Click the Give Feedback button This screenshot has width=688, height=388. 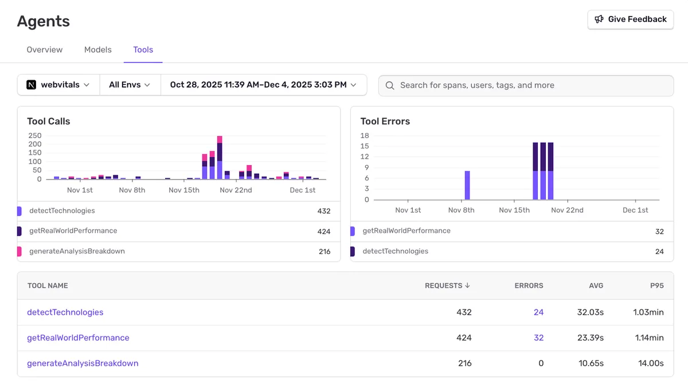[x=630, y=19]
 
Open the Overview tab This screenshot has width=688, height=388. [x=45, y=50]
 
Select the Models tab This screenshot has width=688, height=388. [x=98, y=50]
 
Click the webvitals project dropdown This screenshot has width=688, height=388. [x=58, y=85]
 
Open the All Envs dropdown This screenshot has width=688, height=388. [x=130, y=85]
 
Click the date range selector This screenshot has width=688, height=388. [x=263, y=85]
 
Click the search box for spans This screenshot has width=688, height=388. [x=526, y=85]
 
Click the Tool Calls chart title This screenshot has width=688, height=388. [x=49, y=122]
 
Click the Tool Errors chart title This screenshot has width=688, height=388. [x=385, y=122]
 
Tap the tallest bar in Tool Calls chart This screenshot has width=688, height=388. [x=220, y=159]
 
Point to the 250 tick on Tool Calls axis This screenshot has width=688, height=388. [x=35, y=136]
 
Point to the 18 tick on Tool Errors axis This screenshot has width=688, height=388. [x=365, y=136]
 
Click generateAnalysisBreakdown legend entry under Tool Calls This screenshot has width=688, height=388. [x=77, y=251]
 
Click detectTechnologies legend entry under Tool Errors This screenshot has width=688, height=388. [x=395, y=251]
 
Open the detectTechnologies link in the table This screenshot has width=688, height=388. [x=65, y=312]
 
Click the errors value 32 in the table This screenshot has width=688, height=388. [x=538, y=338]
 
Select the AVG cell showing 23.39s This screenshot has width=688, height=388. [x=590, y=338]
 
